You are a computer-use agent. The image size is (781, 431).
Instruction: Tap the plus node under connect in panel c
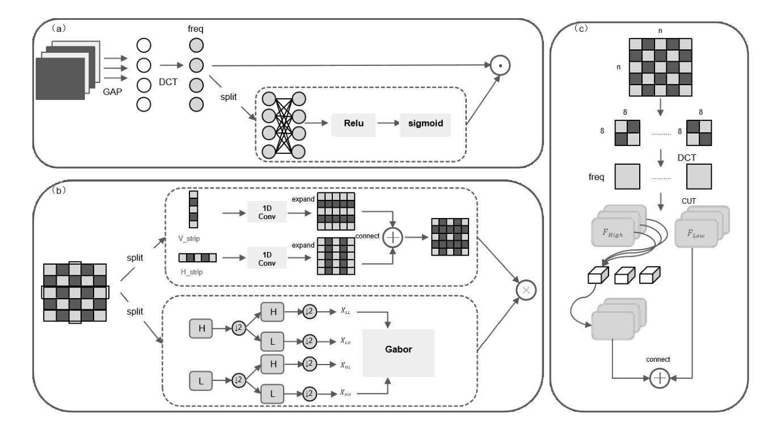660,378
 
